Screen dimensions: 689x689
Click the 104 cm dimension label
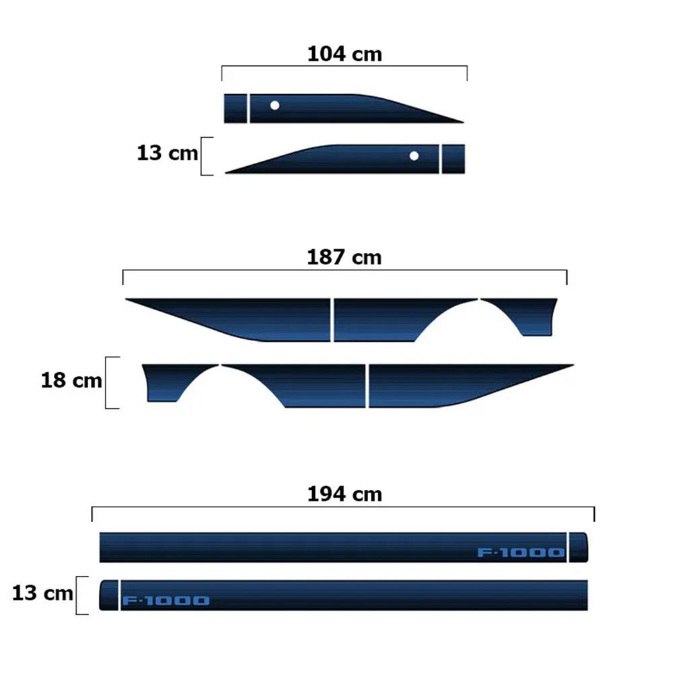tap(344, 54)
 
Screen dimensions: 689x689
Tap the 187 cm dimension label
tap(344, 257)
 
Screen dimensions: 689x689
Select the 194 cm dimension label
tap(344, 494)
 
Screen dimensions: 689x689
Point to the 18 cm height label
tap(71, 380)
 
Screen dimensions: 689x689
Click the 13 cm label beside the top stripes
tap(167, 153)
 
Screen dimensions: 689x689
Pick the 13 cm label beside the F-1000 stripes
tap(42, 593)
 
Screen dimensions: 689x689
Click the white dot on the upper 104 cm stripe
tap(275, 106)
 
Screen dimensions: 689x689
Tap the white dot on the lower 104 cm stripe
tap(414, 156)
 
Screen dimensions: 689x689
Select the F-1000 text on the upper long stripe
tap(521, 552)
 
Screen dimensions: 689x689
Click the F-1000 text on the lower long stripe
tap(166, 600)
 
